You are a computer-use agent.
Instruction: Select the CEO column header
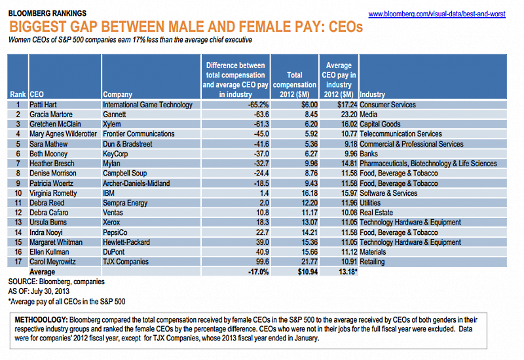pos(37,94)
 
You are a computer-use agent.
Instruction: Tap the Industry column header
pos(373,94)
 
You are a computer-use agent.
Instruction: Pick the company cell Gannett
pos(116,115)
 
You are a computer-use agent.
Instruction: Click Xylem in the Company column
pos(113,124)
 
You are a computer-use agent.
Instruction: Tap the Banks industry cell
pos(371,154)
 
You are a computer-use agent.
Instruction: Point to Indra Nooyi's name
pos(47,232)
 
